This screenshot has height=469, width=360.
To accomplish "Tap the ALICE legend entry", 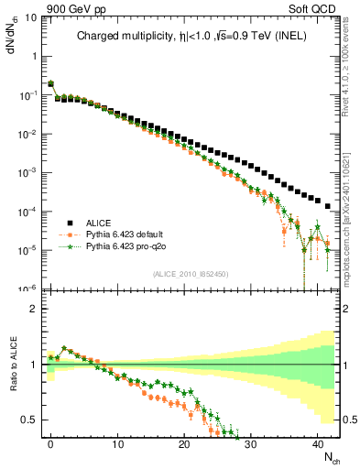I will [99, 223].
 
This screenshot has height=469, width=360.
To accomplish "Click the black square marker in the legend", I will [71, 223].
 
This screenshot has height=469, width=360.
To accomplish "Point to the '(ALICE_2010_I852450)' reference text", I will [191, 273].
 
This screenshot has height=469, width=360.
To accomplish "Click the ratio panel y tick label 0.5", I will [27, 420].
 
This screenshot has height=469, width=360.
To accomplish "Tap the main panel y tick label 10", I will [29, 17].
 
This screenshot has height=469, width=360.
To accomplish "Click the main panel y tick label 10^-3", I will [27, 172].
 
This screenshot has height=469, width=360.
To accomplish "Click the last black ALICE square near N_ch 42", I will [328, 205].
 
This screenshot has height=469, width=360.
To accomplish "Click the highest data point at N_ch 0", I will [50, 83].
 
